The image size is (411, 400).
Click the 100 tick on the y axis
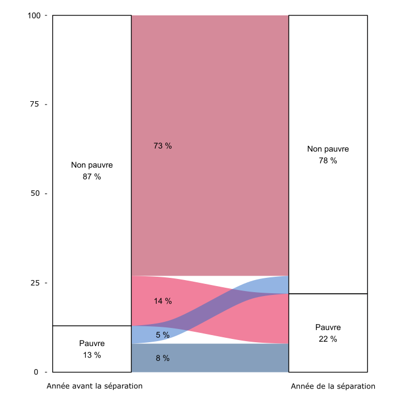click(x=34, y=15)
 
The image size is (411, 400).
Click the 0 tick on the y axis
click(x=36, y=372)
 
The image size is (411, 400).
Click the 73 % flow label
click(x=163, y=146)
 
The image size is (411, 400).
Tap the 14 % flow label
click(x=163, y=301)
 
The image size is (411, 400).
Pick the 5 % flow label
click(x=163, y=335)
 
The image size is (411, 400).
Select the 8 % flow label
click(x=163, y=358)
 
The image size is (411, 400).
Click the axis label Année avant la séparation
click(x=95, y=386)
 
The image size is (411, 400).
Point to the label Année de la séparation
click(x=333, y=386)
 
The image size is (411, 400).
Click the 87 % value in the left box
click(x=92, y=177)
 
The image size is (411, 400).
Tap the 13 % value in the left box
click(x=92, y=355)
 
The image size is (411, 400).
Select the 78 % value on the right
click(x=328, y=161)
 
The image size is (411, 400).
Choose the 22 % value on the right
click(x=328, y=339)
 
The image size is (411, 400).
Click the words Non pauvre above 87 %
click(x=92, y=165)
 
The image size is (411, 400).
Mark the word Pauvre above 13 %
click(x=92, y=343)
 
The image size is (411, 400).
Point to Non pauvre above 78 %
click(x=328, y=149)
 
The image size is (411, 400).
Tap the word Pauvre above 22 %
click(x=328, y=327)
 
